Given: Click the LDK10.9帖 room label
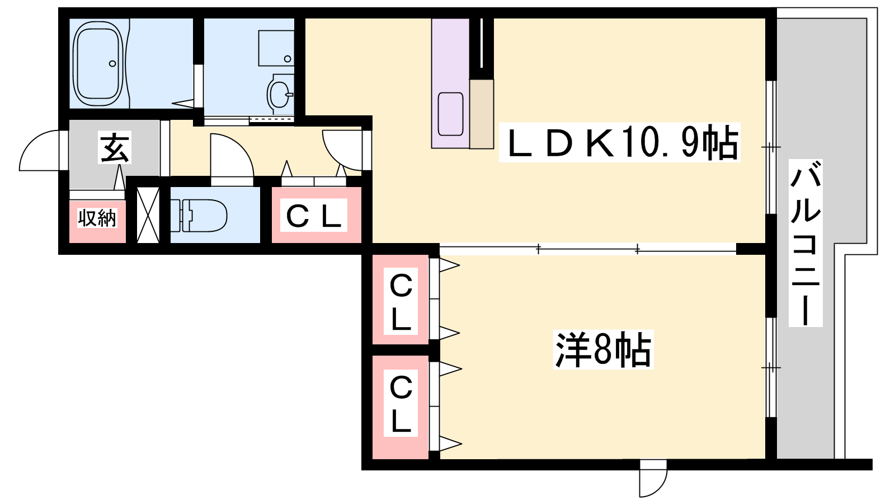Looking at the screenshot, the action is pyautogui.click(x=619, y=143).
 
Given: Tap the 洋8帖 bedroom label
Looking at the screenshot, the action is pyautogui.click(x=603, y=349).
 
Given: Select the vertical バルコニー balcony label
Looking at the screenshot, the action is pyautogui.click(x=805, y=243).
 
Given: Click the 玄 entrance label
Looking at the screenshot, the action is pyautogui.click(x=115, y=148).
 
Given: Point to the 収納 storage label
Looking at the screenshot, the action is pyautogui.click(x=97, y=218).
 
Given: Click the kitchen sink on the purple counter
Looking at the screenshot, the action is pyautogui.click(x=450, y=114).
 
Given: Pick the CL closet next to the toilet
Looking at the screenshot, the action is pyautogui.click(x=317, y=215).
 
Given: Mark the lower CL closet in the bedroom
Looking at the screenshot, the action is pyautogui.click(x=401, y=407).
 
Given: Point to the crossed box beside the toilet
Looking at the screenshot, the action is pyautogui.click(x=148, y=215).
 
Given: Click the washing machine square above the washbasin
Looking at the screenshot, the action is pyautogui.click(x=276, y=48).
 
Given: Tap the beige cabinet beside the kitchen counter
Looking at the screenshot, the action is pyautogui.click(x=482, y=114).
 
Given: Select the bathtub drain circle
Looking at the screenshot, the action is pyautogui.click(x=112, y=64).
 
